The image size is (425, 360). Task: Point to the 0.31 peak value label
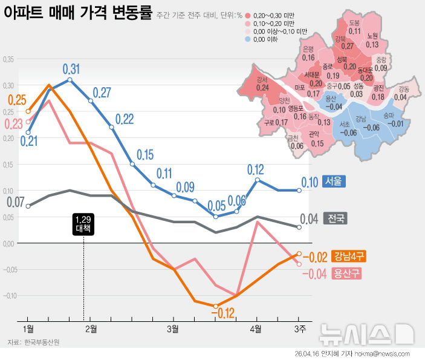[x=71, y=68]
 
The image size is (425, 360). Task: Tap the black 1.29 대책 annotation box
[x=83, y=224]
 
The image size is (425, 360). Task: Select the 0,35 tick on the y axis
[x=8, y=59]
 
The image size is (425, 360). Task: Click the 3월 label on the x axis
[x=173, y=329]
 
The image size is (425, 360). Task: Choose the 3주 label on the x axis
[x=298, y=329]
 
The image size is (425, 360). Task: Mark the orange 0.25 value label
[x=17, y=100]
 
